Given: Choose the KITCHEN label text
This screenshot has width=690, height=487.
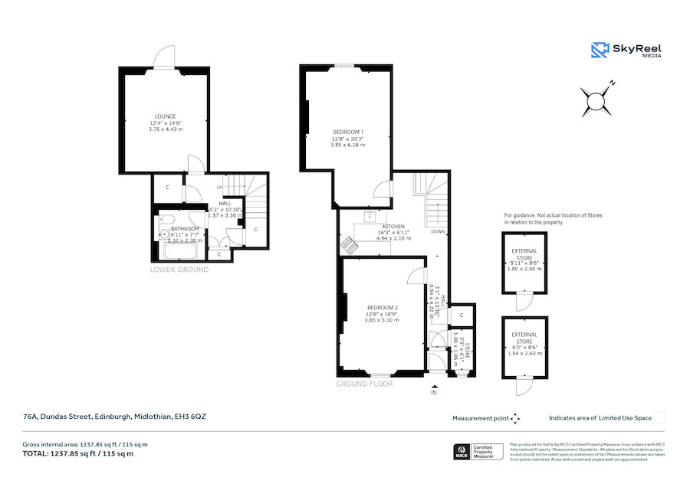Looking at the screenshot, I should pyautogui.click(x=393, y=227).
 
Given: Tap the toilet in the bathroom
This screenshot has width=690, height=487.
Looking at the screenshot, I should pyautogui.click(x=163, y=235).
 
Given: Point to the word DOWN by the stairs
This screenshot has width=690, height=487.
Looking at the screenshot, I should pyautogui.click(x=438, y=230).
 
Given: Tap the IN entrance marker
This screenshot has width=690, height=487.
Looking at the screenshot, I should pyautogui.click(x=435, y=392).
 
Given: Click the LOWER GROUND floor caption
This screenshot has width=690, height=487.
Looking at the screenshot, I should pyautogui.click(x=179, y=270).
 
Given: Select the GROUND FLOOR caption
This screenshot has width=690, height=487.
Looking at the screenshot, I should pyautogui.click(x=364, y=384).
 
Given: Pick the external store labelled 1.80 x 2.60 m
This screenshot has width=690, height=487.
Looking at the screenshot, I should pyautogui.click(x=524, y=260).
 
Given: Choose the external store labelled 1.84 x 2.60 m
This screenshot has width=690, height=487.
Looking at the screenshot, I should pyautogui.click(x=524, y=345).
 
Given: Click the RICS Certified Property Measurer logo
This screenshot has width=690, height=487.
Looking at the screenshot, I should pyautogui.click(x=479, y=452).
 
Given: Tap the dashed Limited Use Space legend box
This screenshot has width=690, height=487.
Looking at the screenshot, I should pyautogui.click(x=659, y=417).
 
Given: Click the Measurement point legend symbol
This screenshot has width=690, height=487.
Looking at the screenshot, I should pyautogui.click(x=515, y=418).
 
